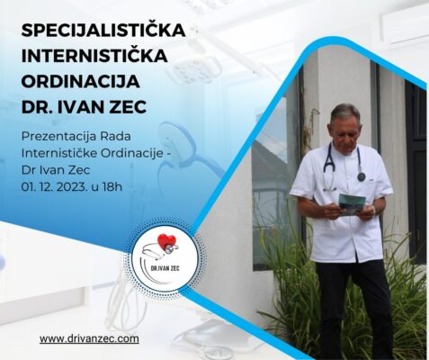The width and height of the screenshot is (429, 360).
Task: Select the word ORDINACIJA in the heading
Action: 81,81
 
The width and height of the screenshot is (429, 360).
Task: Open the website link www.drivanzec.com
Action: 89,339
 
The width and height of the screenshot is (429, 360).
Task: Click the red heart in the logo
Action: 166,241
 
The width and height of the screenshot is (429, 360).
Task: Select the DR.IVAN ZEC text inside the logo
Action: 165,268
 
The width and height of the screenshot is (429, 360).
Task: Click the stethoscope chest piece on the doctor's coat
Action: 362,177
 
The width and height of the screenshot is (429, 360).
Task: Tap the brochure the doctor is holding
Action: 352,204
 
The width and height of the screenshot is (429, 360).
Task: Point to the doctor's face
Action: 344,133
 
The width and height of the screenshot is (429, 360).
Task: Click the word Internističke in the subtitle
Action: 59,153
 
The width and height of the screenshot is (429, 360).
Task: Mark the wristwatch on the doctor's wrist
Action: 373,209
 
